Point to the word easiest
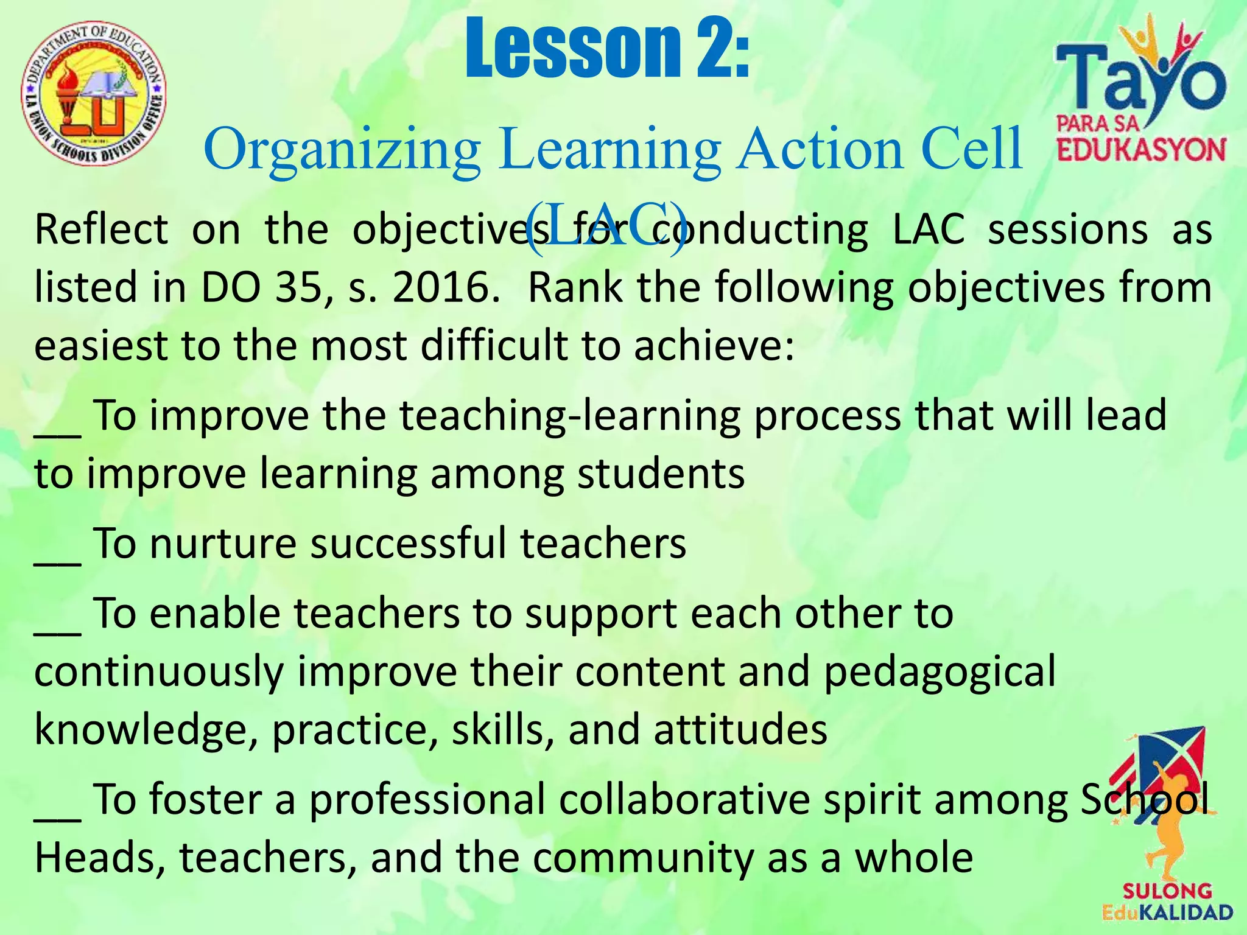pos(100,346)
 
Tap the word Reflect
pos(101,230)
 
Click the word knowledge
pos(146,730)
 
